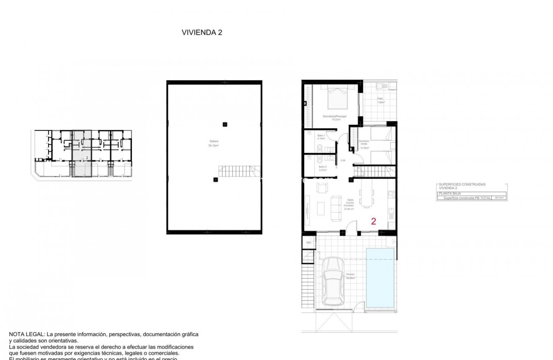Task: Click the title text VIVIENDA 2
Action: (x=202, y=33)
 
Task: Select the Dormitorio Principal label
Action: (x=334, y=117)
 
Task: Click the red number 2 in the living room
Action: (x=374, y=221)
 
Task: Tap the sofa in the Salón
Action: (x=336, y=208)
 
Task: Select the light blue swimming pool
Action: (x=380, y=278)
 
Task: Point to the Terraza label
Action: (x=350, y=276)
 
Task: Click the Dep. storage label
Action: (x=308, y=242)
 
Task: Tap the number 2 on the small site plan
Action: (x=86, y=158)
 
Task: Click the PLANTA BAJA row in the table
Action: (x=450, y=194)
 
